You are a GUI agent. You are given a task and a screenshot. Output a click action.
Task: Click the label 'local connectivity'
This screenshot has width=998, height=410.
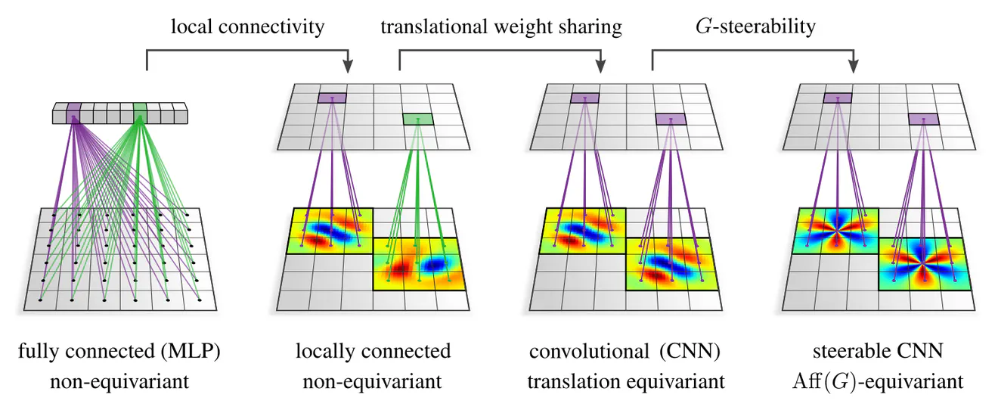coord(247,28)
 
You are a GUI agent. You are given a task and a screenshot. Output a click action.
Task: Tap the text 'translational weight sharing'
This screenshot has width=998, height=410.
coord(501,28)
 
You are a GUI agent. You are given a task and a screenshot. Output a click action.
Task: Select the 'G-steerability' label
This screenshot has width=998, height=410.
coord(755,28)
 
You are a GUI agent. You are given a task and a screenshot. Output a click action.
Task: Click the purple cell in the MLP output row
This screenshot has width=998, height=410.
coord(73,114)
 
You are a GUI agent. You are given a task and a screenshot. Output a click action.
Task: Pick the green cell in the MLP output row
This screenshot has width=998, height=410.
coord(140,114)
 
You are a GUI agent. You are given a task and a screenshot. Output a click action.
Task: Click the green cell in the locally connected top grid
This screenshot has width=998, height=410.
coord(417,119)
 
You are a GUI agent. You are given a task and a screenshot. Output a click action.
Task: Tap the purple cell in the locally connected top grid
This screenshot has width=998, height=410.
coord(333,98)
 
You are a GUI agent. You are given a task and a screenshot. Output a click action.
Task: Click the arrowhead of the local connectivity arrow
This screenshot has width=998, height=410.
coord(349,67)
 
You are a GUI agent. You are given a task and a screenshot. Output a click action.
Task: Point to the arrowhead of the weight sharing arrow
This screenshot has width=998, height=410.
coord(601,67)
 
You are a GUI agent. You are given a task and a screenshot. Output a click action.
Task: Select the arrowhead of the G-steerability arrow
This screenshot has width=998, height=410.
coord(854,67)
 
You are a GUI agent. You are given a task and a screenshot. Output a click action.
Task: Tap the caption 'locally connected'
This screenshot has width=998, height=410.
coord(373,352)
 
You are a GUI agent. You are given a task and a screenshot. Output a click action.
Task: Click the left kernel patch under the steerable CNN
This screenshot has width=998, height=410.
coord(835,231)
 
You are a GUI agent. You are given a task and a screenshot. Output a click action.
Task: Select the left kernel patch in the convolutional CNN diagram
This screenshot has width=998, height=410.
coord(584,231)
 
